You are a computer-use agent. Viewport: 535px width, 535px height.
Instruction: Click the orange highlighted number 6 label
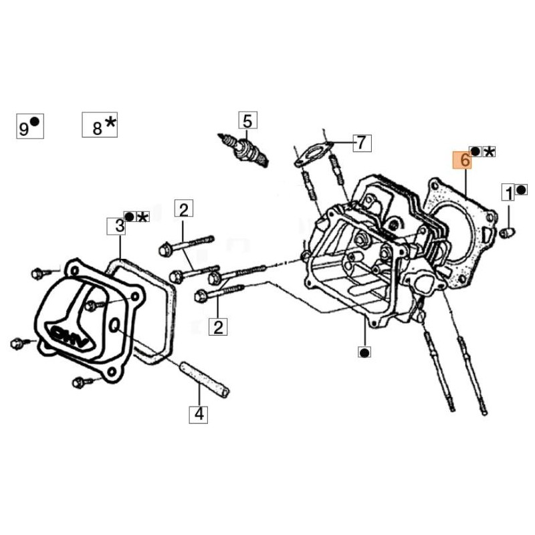[x=462, y=160]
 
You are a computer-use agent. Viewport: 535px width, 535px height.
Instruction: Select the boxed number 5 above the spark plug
[x=247, y=120]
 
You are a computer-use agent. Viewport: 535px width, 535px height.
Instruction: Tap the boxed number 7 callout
[x=362, y=142]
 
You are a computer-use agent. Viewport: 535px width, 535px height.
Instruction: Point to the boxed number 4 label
[x=199, y=414]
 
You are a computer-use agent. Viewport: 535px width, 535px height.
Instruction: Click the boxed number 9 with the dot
[x=30, y=126]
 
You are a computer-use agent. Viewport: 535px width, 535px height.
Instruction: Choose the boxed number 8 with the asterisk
[x=100, y=125]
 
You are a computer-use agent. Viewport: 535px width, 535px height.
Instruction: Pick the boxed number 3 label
[x=116, y=226]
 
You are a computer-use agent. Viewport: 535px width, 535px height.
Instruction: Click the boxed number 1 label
[x=508, y=192]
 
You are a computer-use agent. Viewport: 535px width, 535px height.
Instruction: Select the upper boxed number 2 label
[x=183, y=209]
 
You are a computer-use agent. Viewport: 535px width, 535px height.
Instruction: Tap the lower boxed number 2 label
[x=218, y=326]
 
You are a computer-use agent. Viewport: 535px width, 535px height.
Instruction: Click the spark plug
[x=243, y=149]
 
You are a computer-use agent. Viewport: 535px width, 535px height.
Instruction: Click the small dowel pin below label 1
[x=508, y=233]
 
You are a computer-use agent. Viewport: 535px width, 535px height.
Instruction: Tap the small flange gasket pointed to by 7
[x=313, y=154]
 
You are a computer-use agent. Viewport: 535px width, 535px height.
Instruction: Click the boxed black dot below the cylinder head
[x=364, y=352]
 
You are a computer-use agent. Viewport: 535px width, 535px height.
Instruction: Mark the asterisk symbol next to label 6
[x=490, y=152]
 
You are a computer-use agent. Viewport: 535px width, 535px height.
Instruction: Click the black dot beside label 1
[x=522, y=190]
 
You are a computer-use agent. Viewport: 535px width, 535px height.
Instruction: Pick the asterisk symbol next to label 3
[x=143, y=217]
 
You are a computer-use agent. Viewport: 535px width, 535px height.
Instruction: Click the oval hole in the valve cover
[x=114, y=326]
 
